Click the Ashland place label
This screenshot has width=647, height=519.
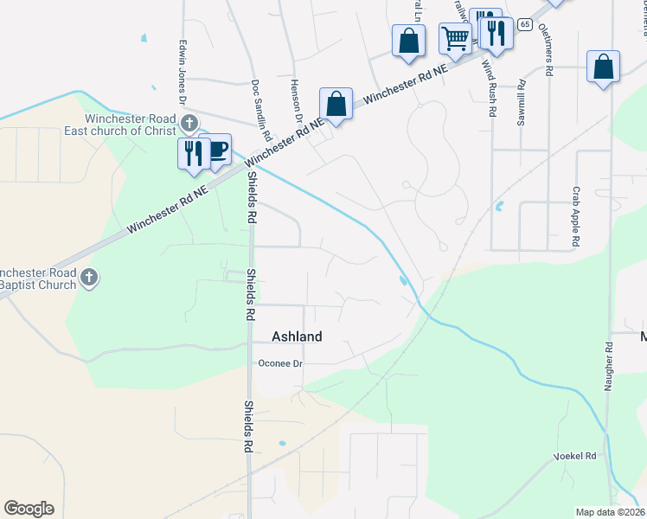297,336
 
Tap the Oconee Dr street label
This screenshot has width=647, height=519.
282,364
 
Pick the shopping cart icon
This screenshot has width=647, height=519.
455,38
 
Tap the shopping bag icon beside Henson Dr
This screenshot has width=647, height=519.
336,104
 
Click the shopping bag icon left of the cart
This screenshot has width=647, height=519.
408,40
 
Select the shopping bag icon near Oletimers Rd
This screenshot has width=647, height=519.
603,67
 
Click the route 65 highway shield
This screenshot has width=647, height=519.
525,24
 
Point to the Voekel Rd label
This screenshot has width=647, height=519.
575,456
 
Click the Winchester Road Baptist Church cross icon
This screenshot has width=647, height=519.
90,278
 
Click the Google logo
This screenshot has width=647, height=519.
29,509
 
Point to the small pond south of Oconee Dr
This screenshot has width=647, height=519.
282,444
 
